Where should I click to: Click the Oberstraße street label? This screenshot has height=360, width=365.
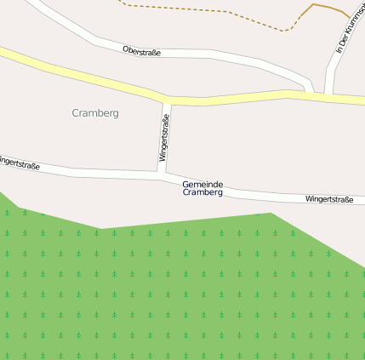(x=141, y=52)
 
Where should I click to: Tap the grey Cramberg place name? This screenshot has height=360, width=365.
(x=95, y=112)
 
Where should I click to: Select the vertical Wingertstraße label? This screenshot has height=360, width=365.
(x=163, y=139)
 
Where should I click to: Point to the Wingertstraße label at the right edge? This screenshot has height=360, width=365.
(x=329, y=199)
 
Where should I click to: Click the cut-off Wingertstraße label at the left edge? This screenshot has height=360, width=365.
(x=19, y=162)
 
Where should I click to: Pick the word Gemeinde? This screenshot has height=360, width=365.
(x=202, y=184)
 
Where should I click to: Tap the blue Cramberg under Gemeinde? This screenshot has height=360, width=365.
(x=202, y=192)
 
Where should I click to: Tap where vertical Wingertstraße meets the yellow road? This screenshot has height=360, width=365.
(x=167, y=100)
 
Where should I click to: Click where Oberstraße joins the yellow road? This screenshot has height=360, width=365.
(x=305, y=89)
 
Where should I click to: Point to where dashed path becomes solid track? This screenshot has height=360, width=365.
(x=299, y=17)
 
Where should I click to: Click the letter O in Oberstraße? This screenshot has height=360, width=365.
(x=125, y=49)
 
